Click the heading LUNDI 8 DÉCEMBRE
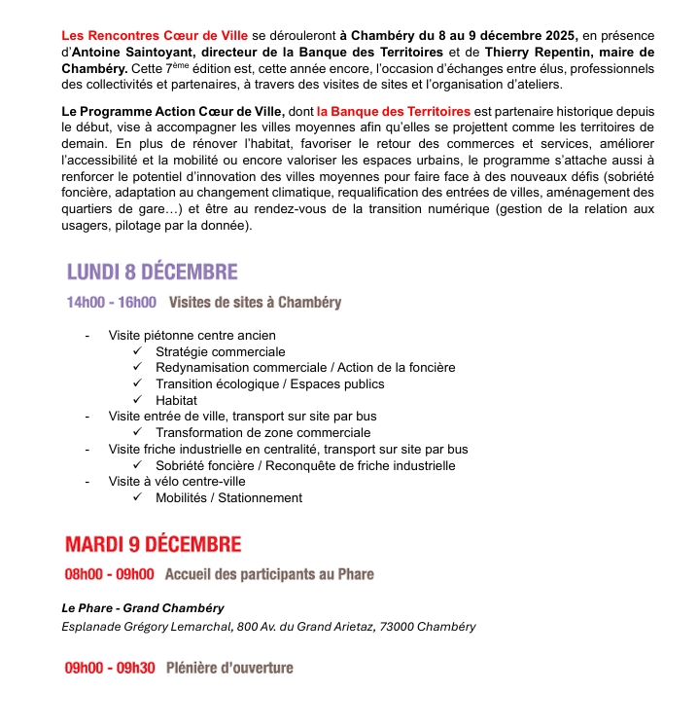coord(152,272)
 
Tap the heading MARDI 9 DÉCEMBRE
coord(154,544)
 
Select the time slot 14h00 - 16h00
coord(111,303)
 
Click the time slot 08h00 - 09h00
coord(110,574)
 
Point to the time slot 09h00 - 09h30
coord(110,669)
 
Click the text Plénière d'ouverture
coord(229,669)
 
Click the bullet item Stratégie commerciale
coord(220,351)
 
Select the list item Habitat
coord(176,400)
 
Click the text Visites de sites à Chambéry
coord(255,303)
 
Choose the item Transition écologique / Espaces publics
coord(269,383)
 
